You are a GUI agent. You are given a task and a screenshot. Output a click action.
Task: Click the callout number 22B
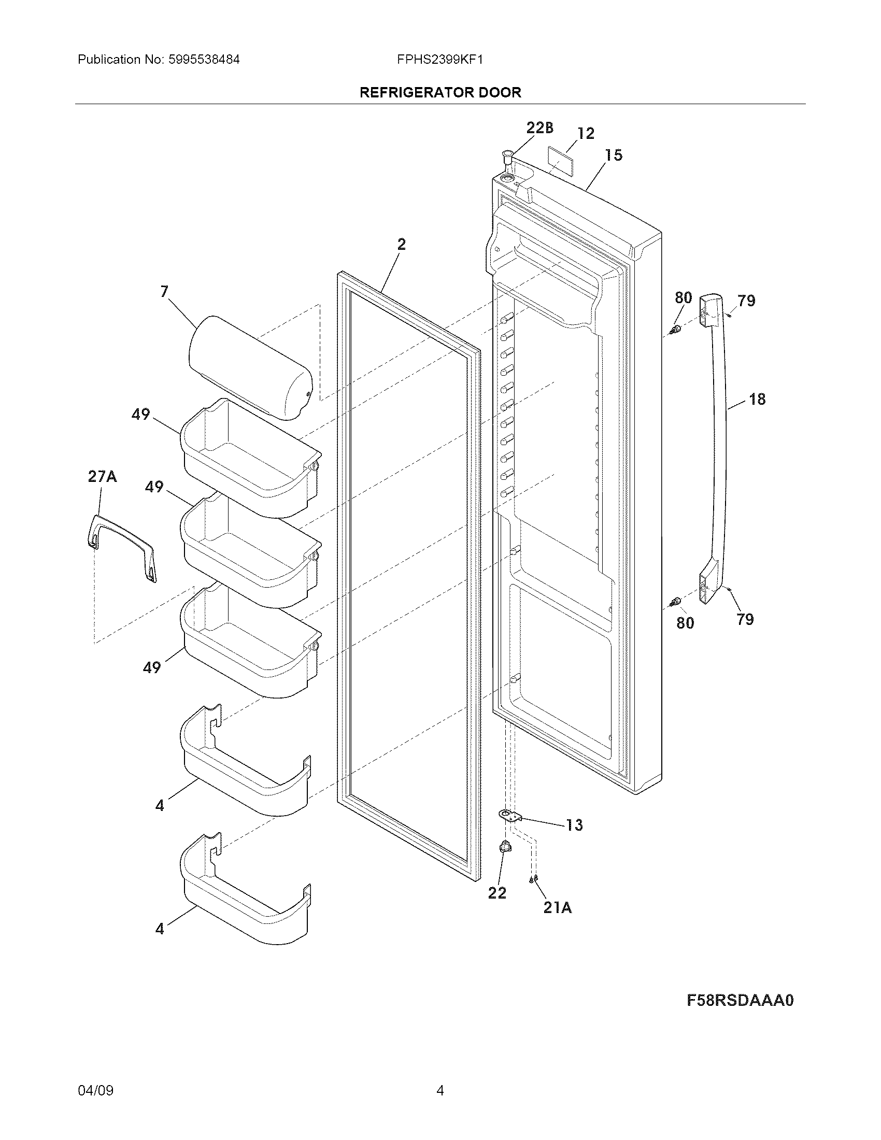coord(539,127)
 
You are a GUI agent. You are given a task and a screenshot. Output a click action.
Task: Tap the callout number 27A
coord(102,477)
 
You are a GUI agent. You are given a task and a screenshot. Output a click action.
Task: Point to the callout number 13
coord(574,825)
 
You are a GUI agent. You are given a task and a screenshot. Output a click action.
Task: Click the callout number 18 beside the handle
coord(757,400)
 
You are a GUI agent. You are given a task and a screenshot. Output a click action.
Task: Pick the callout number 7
coord(164,291)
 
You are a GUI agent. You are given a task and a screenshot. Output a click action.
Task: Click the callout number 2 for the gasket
coord(401,244)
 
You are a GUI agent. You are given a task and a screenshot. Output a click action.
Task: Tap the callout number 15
coord(614,155)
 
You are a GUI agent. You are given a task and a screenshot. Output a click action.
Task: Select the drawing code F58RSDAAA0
coord(740,1000)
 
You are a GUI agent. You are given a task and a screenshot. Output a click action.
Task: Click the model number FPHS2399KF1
coord(439,60)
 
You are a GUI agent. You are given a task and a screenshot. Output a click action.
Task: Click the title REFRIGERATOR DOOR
coord(440,92)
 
